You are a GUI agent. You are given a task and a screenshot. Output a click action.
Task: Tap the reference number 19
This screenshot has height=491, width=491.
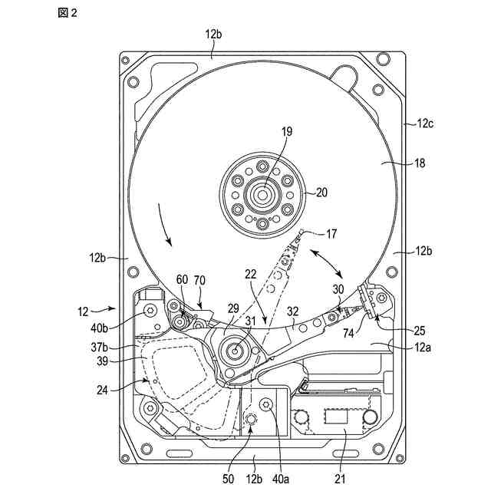coord(265,132)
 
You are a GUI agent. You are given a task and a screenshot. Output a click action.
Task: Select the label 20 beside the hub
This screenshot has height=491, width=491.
coord(321,193)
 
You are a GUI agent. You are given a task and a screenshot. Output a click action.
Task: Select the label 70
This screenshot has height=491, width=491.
coord(200,281)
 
